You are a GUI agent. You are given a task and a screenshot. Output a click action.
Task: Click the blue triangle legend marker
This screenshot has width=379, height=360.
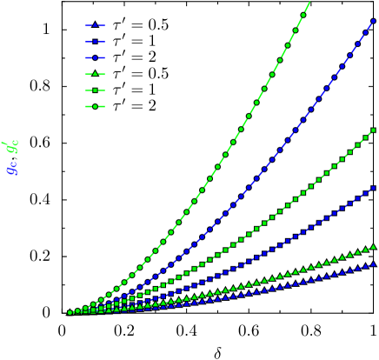95,25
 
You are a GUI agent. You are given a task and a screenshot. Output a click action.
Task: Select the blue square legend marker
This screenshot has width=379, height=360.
95,42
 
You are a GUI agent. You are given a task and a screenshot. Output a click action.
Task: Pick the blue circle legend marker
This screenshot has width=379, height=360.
95,57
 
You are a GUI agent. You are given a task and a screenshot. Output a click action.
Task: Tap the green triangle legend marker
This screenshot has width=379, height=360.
95,74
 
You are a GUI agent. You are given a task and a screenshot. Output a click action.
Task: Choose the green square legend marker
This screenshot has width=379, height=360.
95,90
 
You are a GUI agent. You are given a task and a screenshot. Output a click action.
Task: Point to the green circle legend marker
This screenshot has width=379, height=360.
95,106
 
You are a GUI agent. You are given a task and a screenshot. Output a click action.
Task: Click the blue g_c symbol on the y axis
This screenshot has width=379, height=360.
11,167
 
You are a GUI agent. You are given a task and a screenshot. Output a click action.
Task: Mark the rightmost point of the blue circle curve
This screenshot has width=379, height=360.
374,21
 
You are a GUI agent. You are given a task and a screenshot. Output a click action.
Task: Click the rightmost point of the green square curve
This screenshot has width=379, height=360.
374,130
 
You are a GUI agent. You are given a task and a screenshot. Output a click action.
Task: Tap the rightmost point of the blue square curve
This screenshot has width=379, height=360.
374,187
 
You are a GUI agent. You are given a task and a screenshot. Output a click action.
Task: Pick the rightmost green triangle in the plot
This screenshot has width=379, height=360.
374,247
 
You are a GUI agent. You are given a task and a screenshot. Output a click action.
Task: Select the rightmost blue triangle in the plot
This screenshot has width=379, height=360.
374,264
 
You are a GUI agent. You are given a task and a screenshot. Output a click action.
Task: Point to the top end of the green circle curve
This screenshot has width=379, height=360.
309,3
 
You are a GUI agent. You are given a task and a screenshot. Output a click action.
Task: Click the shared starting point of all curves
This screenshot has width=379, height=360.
70,312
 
